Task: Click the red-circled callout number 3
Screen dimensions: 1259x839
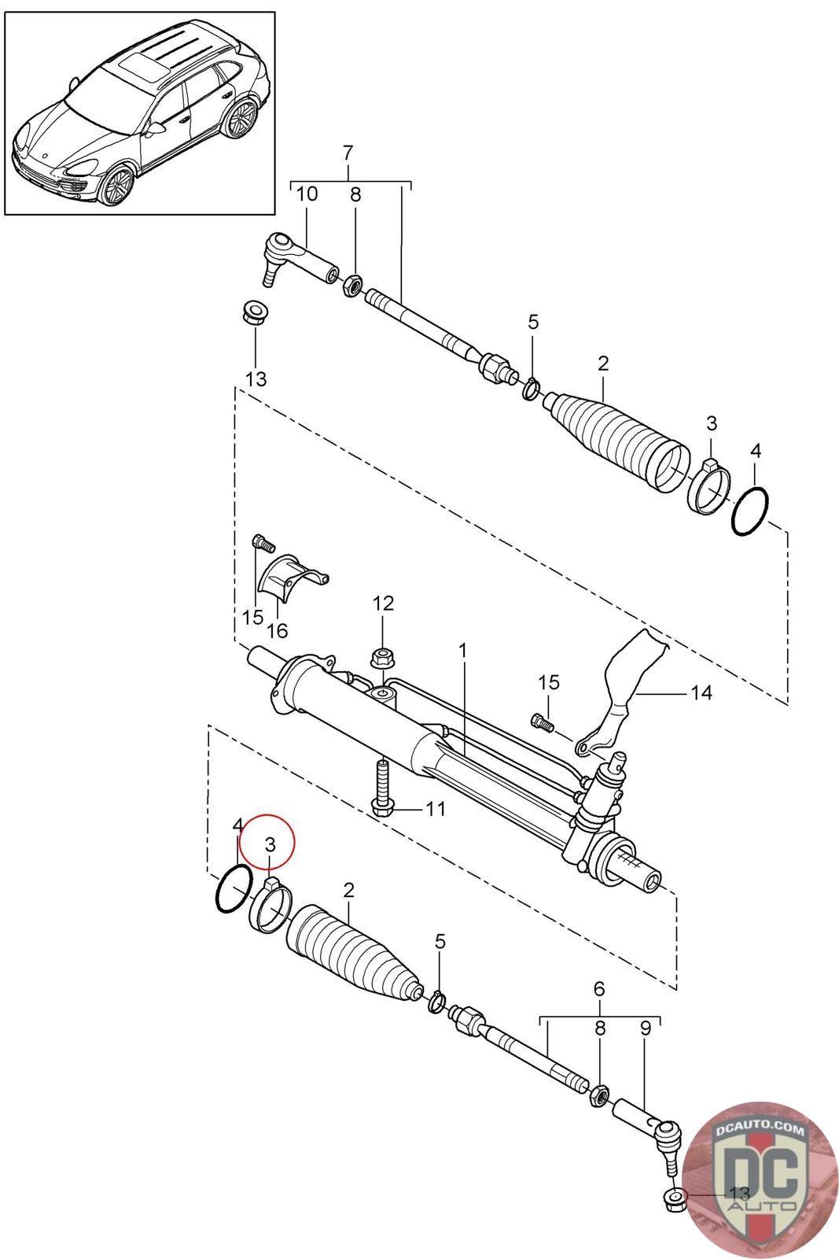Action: (x=270, y=844)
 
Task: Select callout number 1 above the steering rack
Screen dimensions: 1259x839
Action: (x=463, y=651)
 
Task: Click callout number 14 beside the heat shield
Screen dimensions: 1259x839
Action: (x=701, y=692)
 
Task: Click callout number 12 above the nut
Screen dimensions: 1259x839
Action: (x=383, y=604)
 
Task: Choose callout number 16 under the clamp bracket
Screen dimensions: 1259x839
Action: (x=277, y=630)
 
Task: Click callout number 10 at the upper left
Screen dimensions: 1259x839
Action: (x=307, y=194)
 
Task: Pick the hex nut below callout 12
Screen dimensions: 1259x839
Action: (x=382, y=656)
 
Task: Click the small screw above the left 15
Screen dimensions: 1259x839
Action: (x=261, y=542)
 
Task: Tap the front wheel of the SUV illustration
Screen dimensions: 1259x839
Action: (x=116, y=186)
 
